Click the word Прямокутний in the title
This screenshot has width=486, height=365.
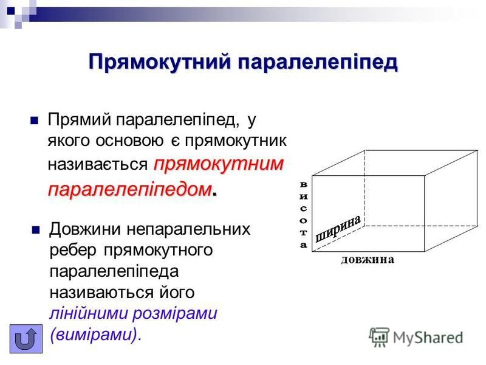tap(160, 62)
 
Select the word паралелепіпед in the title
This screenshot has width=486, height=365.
tap(317, 62)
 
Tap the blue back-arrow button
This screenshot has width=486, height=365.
tap(26, 339)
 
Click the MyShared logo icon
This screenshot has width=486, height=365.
tap(378, 337)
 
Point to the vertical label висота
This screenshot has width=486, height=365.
tap(303, 215)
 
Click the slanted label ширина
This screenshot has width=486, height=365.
tap(338, 228)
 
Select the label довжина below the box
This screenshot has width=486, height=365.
tap(368, 260)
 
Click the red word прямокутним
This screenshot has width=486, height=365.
tap(219, 164)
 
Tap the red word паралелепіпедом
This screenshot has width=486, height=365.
tap(130, 189)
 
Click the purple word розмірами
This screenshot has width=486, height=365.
tap(175, 314)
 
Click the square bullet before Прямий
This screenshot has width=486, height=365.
tap(35, 120)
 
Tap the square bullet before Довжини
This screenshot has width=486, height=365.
tap(36, 230)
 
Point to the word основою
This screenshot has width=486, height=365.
tap(129, 141)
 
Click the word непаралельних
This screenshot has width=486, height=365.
tap(188, 229)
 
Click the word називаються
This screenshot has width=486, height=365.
tap(101, 293)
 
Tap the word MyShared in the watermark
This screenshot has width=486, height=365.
tap(428, 338)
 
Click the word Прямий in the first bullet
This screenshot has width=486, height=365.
tap(80, 120)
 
